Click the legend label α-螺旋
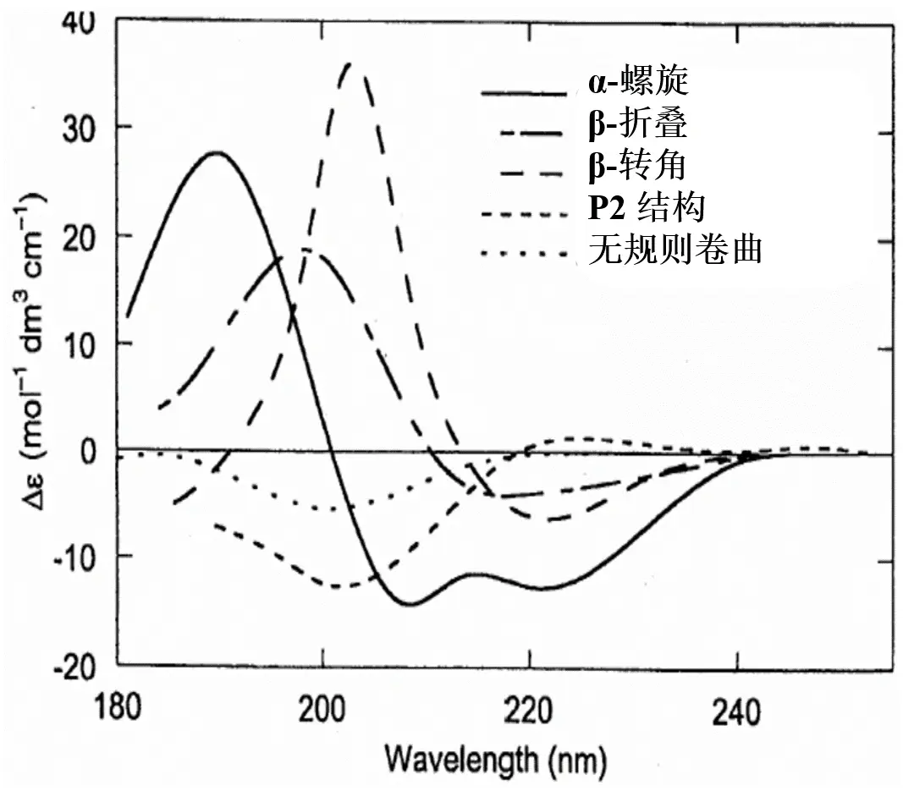(639, 84)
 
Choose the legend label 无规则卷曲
(675, 249)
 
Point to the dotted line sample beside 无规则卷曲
(522, 253)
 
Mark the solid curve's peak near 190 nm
(217, 152)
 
